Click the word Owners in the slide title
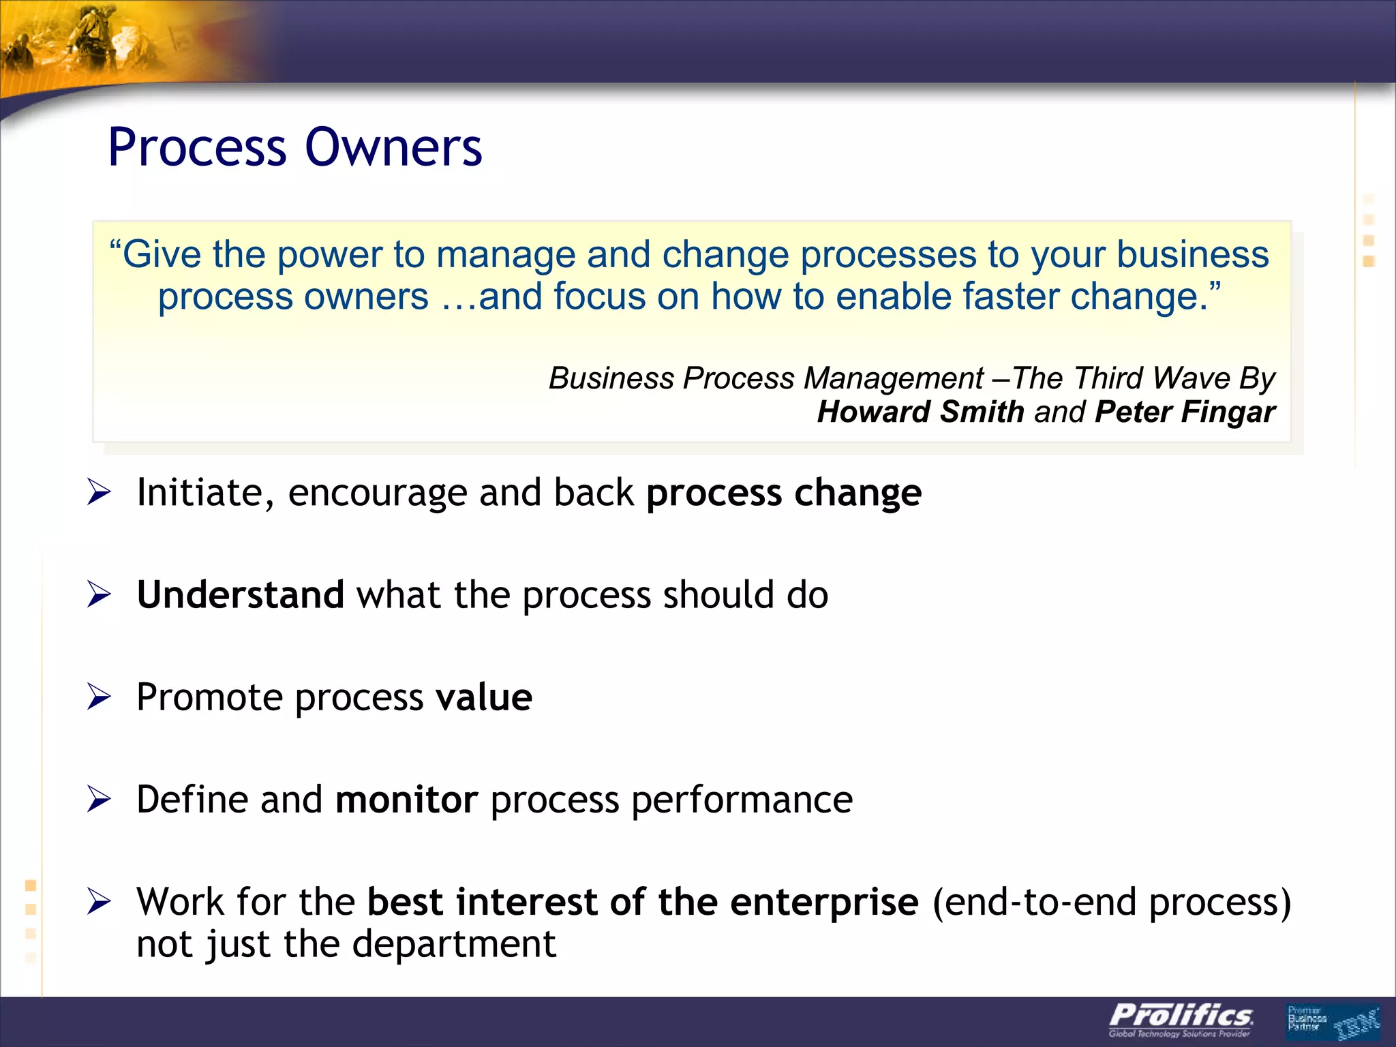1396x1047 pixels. coord(393,148)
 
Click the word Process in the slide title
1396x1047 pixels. coord(198,148)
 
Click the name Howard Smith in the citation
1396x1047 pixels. coord(920,412)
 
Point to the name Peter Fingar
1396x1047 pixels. coord(1185,412)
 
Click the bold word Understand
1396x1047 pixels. coord(240,595)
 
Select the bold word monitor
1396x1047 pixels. coord(406,800)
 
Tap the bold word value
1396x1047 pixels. coord(484,697)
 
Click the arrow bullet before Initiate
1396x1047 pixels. coord(99,493)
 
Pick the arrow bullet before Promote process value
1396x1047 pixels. coord(99,697)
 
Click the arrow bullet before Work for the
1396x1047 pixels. coord(99,902)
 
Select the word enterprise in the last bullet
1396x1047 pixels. coord(824,902)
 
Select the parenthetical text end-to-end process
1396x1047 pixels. coord(1111,902)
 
